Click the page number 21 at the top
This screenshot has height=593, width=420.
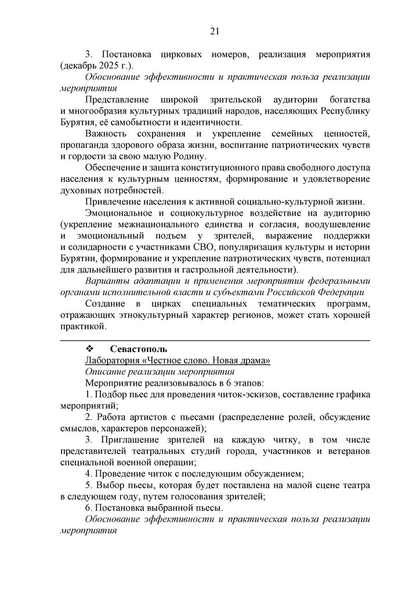click(214, 31)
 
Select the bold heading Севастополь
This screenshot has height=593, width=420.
click(139, 349)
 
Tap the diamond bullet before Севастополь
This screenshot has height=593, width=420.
click(90, 349)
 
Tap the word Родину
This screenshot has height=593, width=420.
click(188, 156)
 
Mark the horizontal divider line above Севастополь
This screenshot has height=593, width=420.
click(215, 340)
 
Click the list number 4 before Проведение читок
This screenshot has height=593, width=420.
click(88, 473)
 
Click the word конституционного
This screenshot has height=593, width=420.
click(204, 167)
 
